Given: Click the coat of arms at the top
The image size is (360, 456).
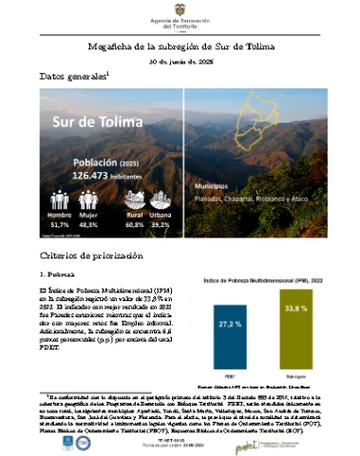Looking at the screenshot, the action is click(180, 8).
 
